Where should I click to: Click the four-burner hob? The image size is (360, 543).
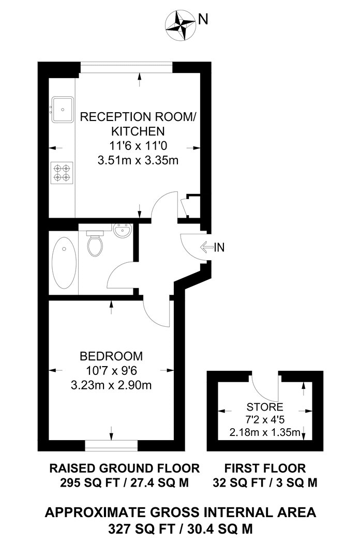(62, 172)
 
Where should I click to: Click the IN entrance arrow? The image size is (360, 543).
(212, 247)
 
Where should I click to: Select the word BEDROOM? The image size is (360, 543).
(111, 356)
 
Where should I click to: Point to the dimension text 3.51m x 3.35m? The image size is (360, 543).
(138, 160)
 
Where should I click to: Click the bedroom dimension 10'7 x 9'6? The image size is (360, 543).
(111, 371)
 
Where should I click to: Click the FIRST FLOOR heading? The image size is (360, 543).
(265, 469)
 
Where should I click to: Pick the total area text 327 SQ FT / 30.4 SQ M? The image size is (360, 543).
(179, 528)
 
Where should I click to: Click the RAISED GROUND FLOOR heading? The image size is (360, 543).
(124, 469)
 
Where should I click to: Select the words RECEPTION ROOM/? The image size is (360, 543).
(138, 117)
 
